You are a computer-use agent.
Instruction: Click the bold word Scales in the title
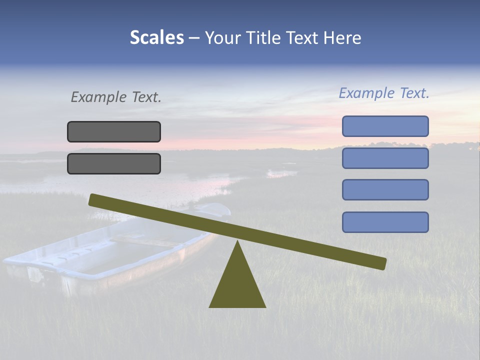coord(156,38)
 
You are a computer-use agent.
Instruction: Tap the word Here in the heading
coord(343,38)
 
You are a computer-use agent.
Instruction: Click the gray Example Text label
coord(116,97)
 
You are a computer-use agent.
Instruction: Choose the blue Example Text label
coord(384,93)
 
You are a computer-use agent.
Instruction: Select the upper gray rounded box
coord(114,131)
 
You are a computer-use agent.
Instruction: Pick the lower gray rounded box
coord(114,163)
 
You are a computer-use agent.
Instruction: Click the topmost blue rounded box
coord(385,126)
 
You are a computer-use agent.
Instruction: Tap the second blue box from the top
coord(385,158)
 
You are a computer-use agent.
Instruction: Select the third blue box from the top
coord(385,190)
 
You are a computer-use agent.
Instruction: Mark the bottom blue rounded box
coord(385,222)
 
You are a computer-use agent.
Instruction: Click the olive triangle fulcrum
coord(237,285)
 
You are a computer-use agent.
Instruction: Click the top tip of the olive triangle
coord(237,243)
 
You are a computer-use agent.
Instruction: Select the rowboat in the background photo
coord(110,255)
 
